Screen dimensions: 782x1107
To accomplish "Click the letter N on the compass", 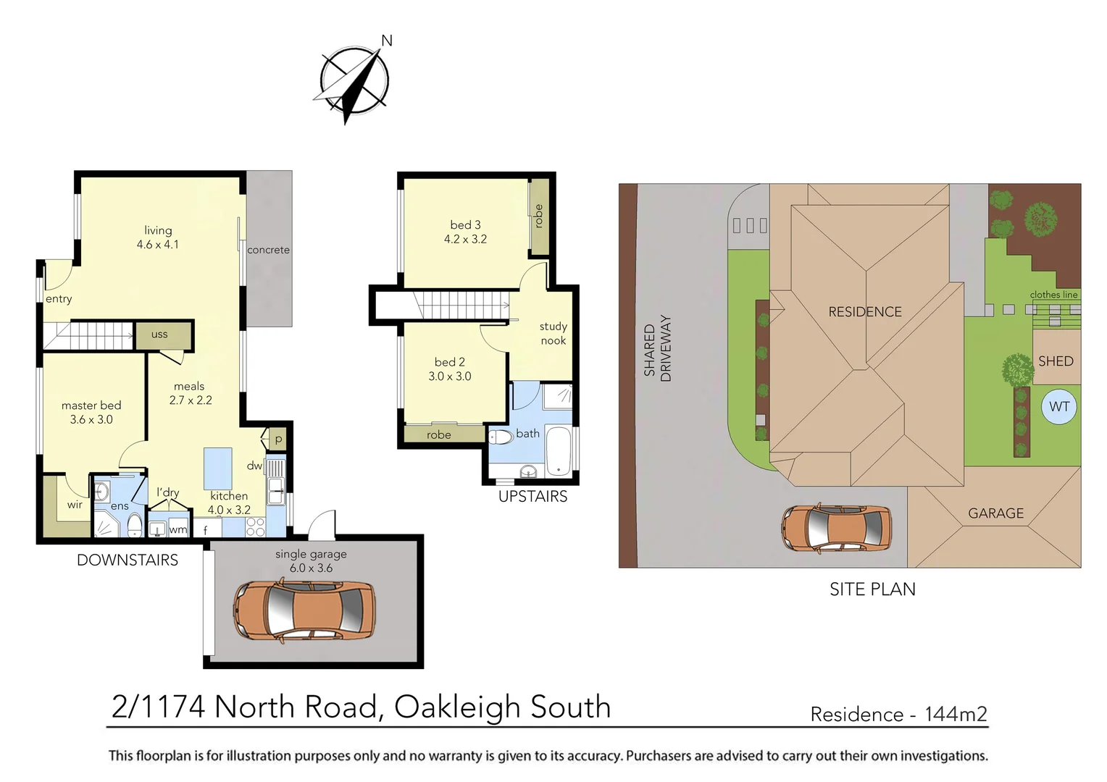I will [387, 41].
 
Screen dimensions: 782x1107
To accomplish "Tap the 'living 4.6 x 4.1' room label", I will [158, 237].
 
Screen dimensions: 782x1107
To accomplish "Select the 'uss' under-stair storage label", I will [159, 335].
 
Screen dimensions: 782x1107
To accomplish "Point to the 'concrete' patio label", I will [268, 250].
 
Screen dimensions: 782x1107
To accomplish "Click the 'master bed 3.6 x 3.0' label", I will [91, 412].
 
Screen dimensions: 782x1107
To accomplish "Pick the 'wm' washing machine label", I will [177, 529].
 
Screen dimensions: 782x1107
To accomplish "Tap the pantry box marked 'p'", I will [278, 440].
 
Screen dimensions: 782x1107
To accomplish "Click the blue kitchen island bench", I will [217, 468].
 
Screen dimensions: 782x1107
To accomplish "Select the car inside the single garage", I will [304, 610].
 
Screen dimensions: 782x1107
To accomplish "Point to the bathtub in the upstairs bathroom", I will [558, 451].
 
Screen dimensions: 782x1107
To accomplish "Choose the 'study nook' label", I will [553, 334].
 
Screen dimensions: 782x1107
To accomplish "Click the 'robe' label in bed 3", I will [538, 216].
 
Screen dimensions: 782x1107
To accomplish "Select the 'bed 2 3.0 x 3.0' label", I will [449, 369].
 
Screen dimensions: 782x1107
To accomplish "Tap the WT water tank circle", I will [1058, 407].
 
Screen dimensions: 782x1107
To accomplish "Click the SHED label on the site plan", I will [1056, 361].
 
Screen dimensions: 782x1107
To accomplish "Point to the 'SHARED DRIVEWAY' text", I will [657, 348].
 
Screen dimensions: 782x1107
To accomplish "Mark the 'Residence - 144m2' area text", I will [898, 715].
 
